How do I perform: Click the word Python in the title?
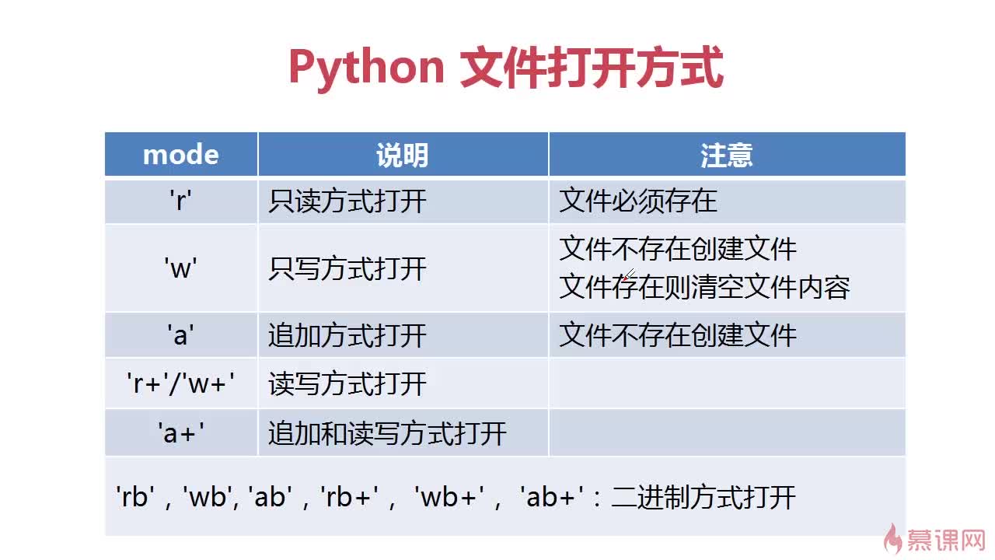coord(366,68)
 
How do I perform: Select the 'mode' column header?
coord(181,155)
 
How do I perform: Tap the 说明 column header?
coord(403,155)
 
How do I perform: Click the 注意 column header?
coord(727,155)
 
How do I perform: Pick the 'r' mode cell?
coord(181,201)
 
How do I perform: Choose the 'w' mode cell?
coord(181,268)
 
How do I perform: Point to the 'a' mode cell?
coord(181,335)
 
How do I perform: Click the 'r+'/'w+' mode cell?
coord(181,383)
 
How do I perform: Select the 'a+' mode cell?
coord(181,433)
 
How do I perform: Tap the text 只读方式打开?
coord(347,201)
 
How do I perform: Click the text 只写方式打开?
coord(347,269)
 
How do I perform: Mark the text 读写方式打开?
coord(347,384)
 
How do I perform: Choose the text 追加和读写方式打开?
coord(387,433)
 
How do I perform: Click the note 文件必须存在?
coord(638,201)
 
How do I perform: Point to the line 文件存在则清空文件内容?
coord(704,287)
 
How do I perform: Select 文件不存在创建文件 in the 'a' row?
coord(678,335)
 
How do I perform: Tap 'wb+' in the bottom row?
coord(449,496)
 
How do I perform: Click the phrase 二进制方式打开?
coord(703,497)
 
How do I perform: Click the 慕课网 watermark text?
coord(946,541)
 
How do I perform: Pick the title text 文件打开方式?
coord(592,68)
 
